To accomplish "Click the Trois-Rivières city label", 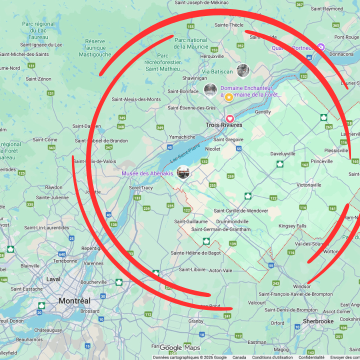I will click(x=223, y=125).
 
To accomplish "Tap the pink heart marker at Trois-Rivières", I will click(x=230, y=118).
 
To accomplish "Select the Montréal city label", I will click(x=74, y=301).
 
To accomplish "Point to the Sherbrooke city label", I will click(x=318, y=321).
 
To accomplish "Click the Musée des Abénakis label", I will click(x=147, y=173).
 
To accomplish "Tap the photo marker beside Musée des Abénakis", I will click(x=183, y=172).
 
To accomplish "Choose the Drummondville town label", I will click(x=229, y=221).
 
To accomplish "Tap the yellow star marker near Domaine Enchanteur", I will click(x=229, y=97).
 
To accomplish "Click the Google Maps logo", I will click(x=179, y=348).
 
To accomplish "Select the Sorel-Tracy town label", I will click(x=141, y=187).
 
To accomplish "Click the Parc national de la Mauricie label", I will click(x=190, y=43).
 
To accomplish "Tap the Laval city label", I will click(x=53, y=279).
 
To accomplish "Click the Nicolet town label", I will click(x=212, y=149).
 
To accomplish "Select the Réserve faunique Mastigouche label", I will click(x=95, y=47).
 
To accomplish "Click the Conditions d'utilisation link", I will click(x=272, y=357).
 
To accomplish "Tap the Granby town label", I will click(x=196, y=321).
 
